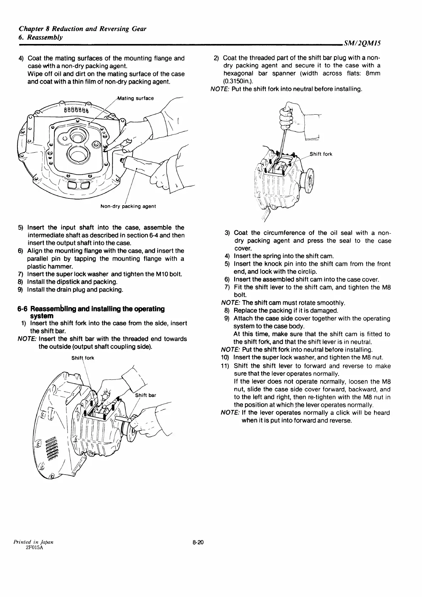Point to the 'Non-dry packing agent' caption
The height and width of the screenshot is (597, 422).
128,206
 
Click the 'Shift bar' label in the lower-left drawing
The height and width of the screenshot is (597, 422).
146,395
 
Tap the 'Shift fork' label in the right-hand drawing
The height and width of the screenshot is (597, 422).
321,154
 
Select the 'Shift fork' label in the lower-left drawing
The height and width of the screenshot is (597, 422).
83,358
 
